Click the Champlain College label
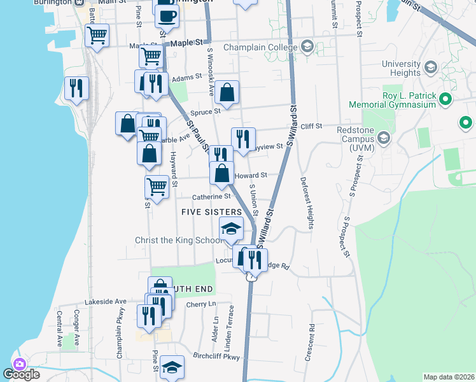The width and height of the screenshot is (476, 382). [260, 46]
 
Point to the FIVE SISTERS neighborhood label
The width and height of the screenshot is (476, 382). [212, 211]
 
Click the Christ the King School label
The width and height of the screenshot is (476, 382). [179, 241]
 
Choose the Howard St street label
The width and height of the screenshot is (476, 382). [250, 176]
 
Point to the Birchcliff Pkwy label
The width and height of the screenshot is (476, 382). [215, 357]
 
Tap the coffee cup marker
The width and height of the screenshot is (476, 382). [167, 15]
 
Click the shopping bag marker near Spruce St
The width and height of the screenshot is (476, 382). [227, 94]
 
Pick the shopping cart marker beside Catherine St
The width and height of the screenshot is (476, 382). [157, 187]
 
